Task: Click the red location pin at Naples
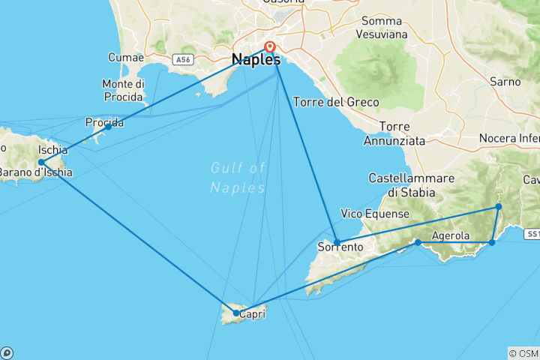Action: [x=270, y=47]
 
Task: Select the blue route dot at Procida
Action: [x=108, y=127]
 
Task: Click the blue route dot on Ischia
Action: [x=41, y=162]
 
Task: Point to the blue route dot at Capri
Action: [x=236, y=313]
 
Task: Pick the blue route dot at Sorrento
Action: [x=337, y=242]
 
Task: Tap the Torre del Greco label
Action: [x=337, y=102]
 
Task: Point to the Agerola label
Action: [x=451, y=236]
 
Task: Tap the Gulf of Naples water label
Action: [x=238, y=178]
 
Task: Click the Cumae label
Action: [x=124, y=57]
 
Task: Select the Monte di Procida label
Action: [x=123, y=90]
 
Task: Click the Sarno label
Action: [x=504, y=80]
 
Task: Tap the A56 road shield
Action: [x=183, y=59]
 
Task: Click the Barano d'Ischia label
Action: [x=36, y=173]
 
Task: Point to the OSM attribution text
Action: [x=523, y=352]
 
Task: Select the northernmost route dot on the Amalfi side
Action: [x=498, y=207]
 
